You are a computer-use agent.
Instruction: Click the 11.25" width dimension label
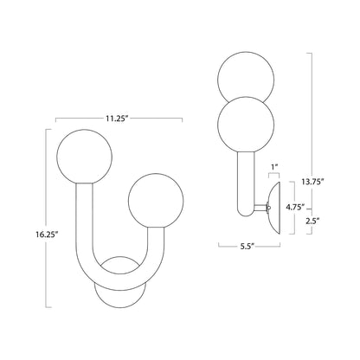coord(117,119)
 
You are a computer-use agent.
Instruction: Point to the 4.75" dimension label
coord(295,207)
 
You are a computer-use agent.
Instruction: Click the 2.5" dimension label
coord(312,222)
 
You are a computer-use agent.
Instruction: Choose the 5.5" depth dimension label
coord(248,246)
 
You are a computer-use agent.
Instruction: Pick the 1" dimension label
coord(274,167)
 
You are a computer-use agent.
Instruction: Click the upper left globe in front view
coord(84,157)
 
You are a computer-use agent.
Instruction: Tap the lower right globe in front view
coord(156,201)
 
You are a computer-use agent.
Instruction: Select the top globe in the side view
coord(246,76)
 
